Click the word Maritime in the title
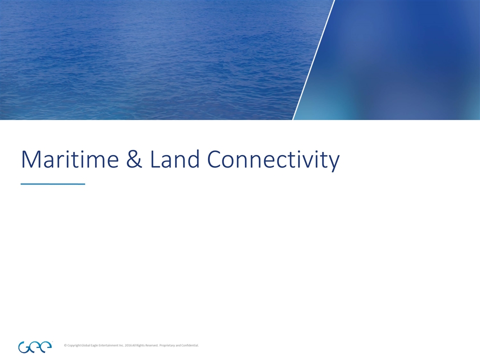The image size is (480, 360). (64, 159)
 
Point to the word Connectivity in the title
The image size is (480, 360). (273, 160)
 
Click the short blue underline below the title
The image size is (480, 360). (52, 184)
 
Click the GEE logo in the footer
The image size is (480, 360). (34, 346)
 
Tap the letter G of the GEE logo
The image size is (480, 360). (23, 346)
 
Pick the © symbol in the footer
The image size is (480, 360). (66, 345)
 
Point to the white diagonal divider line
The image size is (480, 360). (313, 60)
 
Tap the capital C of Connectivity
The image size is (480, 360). (215, 160)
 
